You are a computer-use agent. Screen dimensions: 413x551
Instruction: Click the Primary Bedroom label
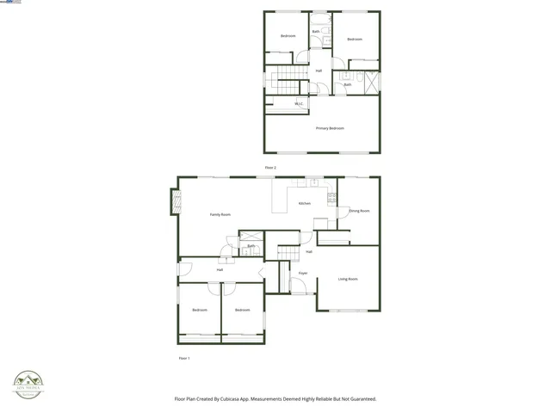click(x=330, y=128)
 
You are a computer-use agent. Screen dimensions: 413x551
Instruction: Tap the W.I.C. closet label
click(x=299, y=104)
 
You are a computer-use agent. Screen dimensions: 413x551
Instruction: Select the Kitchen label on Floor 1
click(x=305, y=203)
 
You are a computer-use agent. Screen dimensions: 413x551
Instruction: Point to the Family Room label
click(x=220, y=214)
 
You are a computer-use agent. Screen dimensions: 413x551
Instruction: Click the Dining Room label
click(x=359, y=211)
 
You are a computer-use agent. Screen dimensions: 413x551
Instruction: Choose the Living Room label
click(x=348, y=279)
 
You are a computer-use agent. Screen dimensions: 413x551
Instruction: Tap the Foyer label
click(x=303, y=274)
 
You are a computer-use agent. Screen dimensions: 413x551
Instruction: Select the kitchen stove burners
click(x=331, y=200)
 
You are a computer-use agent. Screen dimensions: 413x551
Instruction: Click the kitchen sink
click(x=313, y=182)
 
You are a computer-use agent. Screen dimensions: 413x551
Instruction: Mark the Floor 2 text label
click(x=270, y=167)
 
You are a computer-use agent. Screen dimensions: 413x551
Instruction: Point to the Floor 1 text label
click(x=183, y=358)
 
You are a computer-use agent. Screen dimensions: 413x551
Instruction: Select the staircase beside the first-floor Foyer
click(x=288, y=251)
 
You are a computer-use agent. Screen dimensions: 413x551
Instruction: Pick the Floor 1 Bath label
click(x=251, y=246)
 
